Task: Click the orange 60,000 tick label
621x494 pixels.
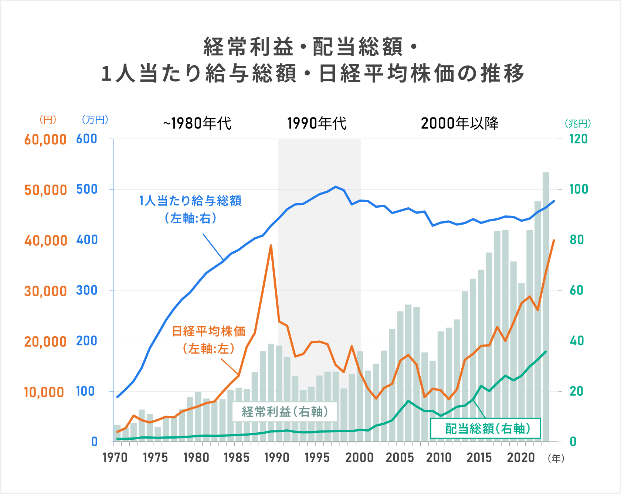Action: click(x=45, y=140)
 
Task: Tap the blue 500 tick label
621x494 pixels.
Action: click(x=86, y=190)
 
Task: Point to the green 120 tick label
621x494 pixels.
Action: click(x=578, y=139)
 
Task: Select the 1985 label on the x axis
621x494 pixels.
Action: click(x=236, y=458)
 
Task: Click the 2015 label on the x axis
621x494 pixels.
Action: click(x=479, y=458)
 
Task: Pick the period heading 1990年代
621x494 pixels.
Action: click(x=317, y=123)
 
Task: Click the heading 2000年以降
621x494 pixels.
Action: click(x=459, y=123)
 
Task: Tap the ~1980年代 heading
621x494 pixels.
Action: click(x=197, y=123)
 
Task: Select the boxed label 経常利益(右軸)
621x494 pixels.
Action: click(x=285, y=412)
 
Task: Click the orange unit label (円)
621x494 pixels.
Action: click(x=48, y=120)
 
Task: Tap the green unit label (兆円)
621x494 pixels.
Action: click(x=577, y=123)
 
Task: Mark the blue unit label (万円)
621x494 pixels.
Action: click(x=95, y=120)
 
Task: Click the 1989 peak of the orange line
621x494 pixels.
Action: click(x=271, y=245)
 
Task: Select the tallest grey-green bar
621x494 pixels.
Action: click(x=546, y=307)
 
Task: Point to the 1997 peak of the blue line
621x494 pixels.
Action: click(x=336, y=187)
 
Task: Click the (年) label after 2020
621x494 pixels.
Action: click(x=556, y=459)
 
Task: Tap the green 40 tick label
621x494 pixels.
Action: click(x=576, y=341)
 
